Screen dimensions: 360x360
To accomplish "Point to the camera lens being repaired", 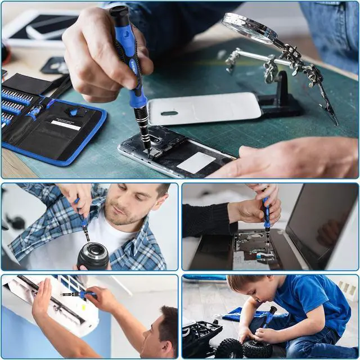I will pyautogui.click(x=93, y=256).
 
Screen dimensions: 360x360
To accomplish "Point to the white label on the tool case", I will pyautogui.click(x=66, y=125).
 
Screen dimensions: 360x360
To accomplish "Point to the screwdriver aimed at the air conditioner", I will pyautogui.click(x=79, y=294).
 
